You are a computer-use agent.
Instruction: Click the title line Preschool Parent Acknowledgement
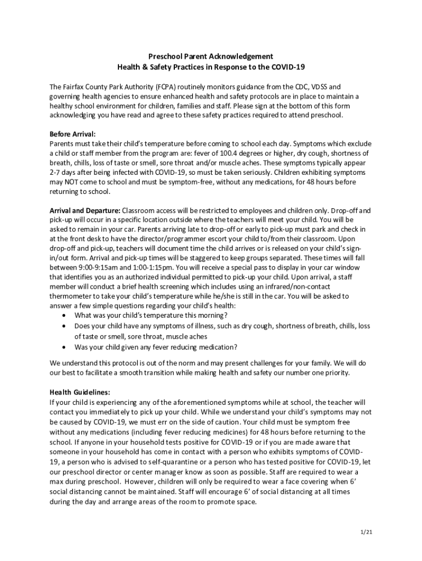click(211, 56)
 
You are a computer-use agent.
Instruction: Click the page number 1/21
click(367, 532)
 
